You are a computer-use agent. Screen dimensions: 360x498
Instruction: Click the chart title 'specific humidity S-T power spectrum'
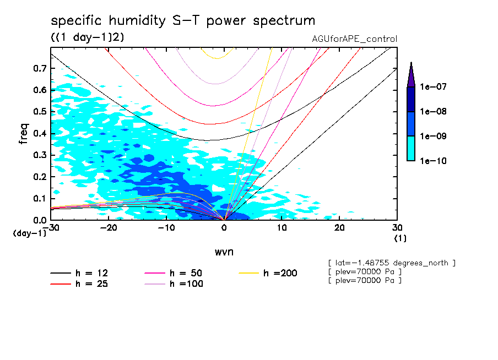coord(183,21)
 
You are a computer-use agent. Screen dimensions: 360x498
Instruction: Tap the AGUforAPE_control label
coord(354,39)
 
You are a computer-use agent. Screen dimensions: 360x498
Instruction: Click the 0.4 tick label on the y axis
coord(39,133)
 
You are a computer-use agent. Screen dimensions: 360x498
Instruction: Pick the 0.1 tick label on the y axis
coord(39,198)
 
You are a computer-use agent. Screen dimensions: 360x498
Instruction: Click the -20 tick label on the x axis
coord(109,228)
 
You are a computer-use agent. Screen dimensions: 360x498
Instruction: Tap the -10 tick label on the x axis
coord(166,228)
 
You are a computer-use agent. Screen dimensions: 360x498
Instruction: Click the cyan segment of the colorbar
coord(411,149)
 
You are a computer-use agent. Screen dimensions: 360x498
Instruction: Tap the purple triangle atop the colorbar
coord(411,74)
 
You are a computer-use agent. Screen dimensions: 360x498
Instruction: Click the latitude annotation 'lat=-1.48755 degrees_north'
coord(391,263)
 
